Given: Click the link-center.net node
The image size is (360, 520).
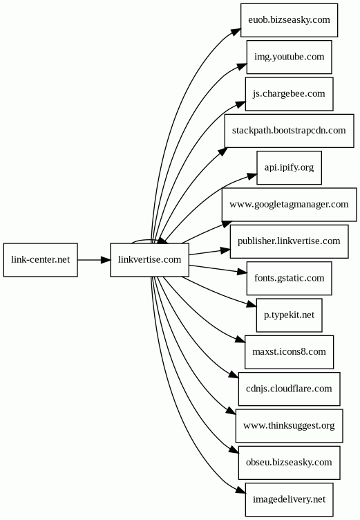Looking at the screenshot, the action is click(x=41, y=260).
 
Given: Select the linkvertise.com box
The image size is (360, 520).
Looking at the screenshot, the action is click(x=149, y=260).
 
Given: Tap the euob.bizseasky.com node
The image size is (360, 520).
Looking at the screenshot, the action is click(x=289, y=20).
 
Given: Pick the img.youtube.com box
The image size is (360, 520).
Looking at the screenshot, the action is click(x=289, y=57).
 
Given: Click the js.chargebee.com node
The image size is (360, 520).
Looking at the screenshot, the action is click(x=289, y=94).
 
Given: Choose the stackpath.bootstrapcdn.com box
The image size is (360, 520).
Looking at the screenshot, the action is click(x=289, y=131).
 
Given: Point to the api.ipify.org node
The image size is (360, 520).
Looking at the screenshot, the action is click(x=289, y=167).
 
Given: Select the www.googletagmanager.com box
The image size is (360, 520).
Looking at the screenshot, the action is click(x=289, y=205).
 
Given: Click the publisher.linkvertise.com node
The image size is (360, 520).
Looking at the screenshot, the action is click(x=289, y=241).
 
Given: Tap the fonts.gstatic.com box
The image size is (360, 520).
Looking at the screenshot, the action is click(x=289, y=278).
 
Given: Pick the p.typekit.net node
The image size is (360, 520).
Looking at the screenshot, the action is click(x=289, y=315).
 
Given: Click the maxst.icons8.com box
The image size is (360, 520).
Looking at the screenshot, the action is click(x=289, y=352).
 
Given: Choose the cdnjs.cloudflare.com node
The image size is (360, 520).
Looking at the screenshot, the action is click(x=289, y=389).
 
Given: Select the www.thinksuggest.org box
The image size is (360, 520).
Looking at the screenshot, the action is click(x=289, y=425).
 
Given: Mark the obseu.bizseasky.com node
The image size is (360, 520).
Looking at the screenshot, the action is click(x=289, y=463).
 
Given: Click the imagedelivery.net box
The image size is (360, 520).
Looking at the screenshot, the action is click(x=289, y=499).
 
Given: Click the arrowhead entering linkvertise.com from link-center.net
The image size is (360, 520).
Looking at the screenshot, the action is click(x=106, y=260).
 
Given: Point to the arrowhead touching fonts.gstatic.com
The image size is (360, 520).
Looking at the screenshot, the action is click(x=243, y=272).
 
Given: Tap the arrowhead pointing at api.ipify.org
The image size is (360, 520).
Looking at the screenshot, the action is click(x=253, y=176).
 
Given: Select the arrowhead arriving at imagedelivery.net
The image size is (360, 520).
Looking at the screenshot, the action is click(x=241, y=491).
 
